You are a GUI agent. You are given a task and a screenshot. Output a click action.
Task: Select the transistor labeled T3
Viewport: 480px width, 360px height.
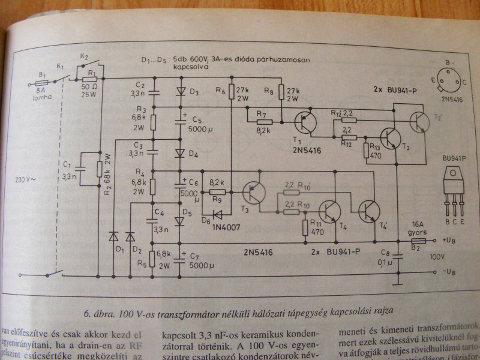tap(255, 193)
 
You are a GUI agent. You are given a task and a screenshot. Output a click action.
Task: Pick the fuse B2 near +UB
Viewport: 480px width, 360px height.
tap(417, 241)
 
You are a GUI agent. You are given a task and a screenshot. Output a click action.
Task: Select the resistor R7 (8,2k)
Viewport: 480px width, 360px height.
tap(264, 122)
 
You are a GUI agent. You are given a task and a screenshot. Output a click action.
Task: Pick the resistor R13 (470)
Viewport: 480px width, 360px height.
tap(368, 151)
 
